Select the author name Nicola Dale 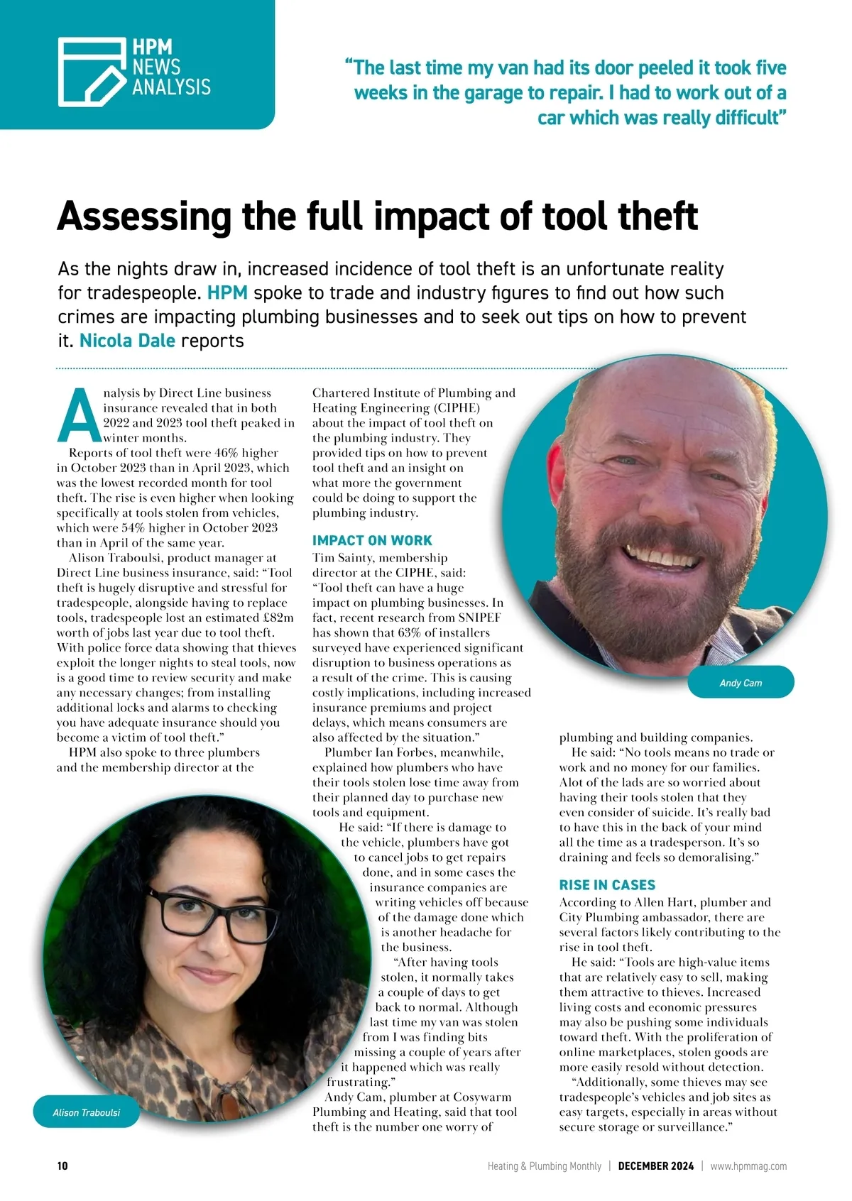(127, 341)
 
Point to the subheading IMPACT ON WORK (372, 540)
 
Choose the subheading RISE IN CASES (607, 885)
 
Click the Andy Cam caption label (741, 683)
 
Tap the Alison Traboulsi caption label (87, 1112)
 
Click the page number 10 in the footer (62, 1166)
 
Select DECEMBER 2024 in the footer (655, 1166)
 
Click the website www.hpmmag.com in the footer (748, 1166)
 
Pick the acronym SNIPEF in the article (479, 618)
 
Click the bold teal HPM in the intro (227, 293)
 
